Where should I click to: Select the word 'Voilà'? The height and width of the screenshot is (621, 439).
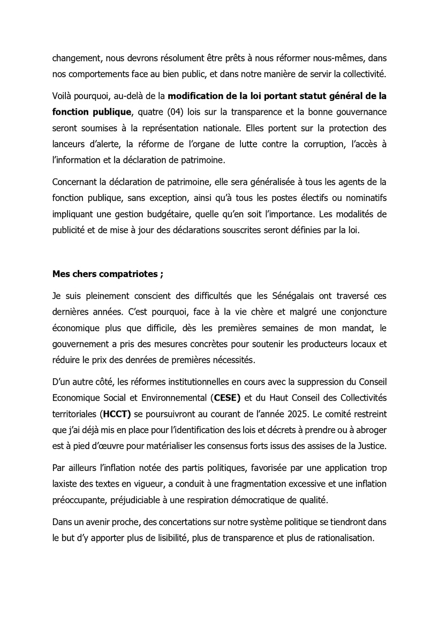click(63, 97)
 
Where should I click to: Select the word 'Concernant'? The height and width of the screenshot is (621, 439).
click(77, 182)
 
